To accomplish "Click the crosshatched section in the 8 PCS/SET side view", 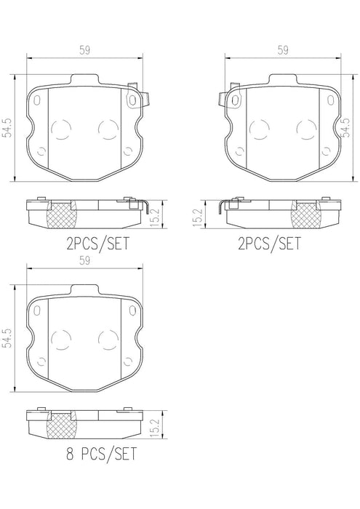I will (62, 423).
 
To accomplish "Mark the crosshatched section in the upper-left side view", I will (62, 215).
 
